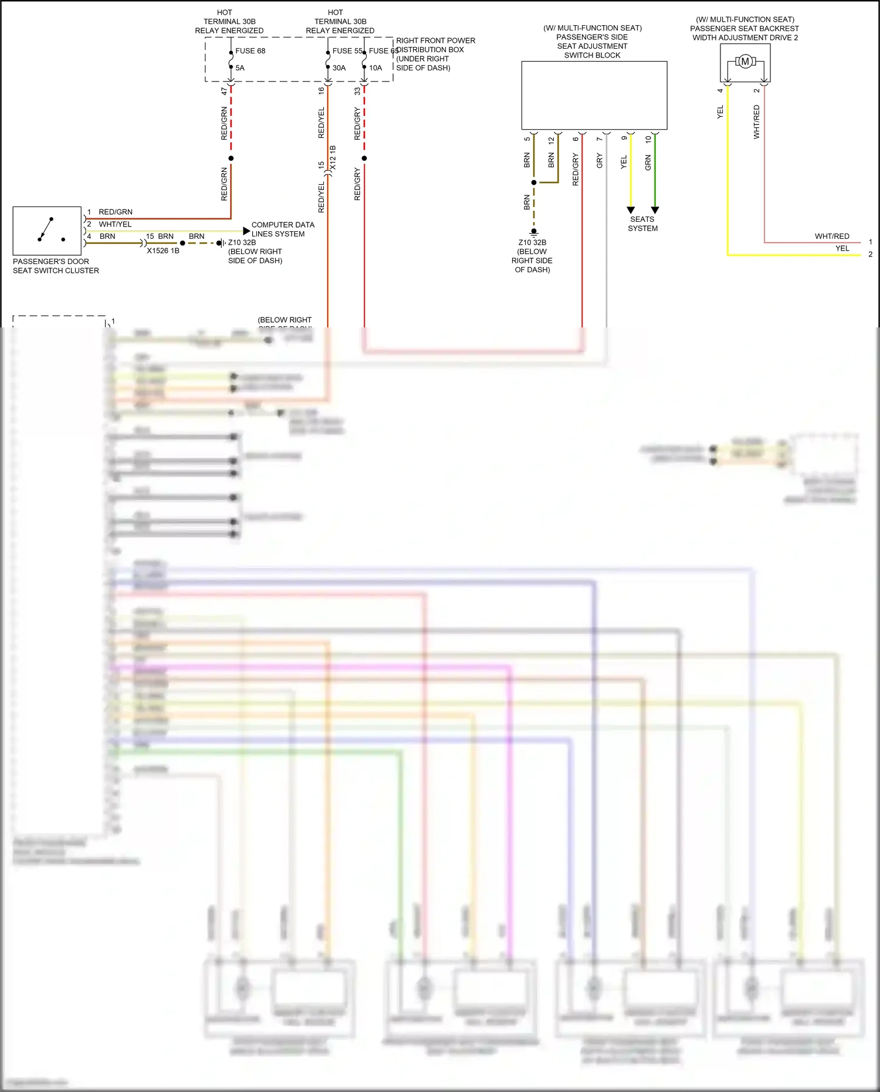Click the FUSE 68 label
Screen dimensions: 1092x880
pos(251,51)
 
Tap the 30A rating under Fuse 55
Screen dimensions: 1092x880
pos(339,68)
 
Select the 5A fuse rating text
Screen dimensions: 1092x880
pos(240,68)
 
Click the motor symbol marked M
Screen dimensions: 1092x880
pos(745,62)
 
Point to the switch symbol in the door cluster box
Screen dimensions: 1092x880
pos(47,230)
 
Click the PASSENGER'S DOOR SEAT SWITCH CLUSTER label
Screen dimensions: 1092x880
pos(56,266)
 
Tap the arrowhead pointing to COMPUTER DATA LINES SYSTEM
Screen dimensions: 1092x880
pos(246,231)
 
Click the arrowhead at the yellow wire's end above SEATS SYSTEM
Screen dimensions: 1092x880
pos(631,210)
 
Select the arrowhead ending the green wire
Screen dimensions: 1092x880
pos(655,210)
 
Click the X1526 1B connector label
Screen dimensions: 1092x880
pos(163,251)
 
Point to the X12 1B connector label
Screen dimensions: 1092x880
pos(333,158)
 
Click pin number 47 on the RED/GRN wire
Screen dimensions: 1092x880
pos(224,92)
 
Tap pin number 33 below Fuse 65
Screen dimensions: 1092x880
pos(357,92)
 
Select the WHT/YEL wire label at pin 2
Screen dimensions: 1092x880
pos(115,224)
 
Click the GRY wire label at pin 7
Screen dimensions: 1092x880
pos(600,161)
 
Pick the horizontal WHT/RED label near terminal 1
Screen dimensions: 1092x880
pos(832,236)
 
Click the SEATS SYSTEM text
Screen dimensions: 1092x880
pos(642,224)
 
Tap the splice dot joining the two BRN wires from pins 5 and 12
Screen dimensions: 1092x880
pos(534,182)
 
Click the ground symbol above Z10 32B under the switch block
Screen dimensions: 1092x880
pos(534,232)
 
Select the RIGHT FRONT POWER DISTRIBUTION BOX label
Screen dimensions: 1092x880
pos(435,54)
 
